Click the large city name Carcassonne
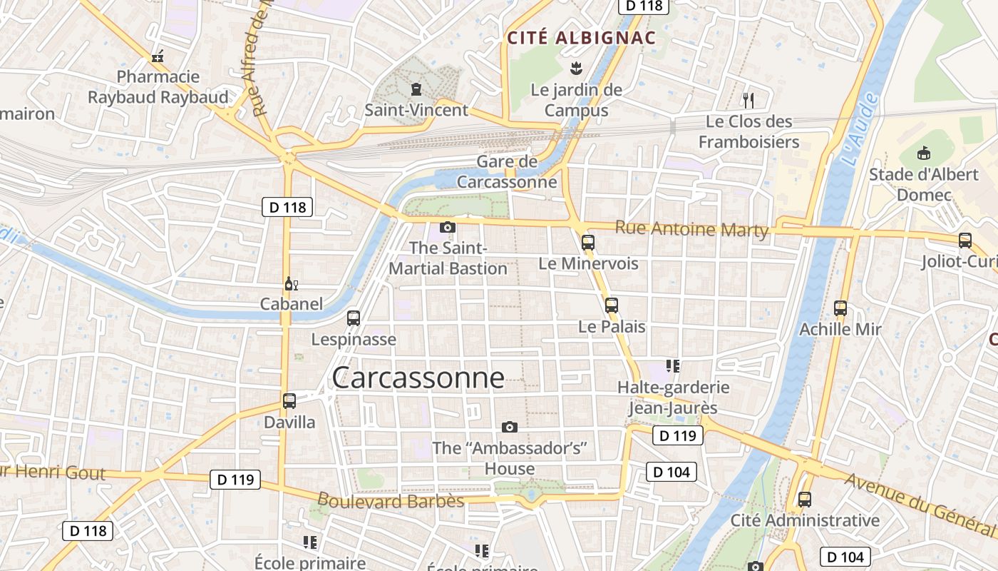[418, 378]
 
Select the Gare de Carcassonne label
[507, 172]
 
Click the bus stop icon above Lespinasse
[354, 318]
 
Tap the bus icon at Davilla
[289, 401]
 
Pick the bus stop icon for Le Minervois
[588, 243]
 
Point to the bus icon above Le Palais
[612, 305]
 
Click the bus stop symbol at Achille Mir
[840, 308]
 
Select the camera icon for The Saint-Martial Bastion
[448, 228]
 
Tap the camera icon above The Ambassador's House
[510, 427]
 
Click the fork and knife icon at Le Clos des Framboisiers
[748, 100]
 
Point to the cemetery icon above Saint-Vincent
[416, 89]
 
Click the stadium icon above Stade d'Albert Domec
[925, 153]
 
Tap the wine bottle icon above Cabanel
[291, 284]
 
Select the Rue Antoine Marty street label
[691, 229]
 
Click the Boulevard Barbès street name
[391, 501]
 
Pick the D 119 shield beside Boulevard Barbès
[235, 480]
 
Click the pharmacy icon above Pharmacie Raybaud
[158, 56]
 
